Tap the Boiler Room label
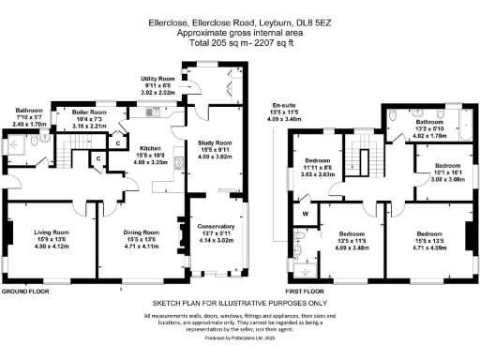[90, 112]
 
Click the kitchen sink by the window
[152, 111]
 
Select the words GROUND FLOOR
[25, 291]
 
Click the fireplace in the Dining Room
[175, 228]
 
